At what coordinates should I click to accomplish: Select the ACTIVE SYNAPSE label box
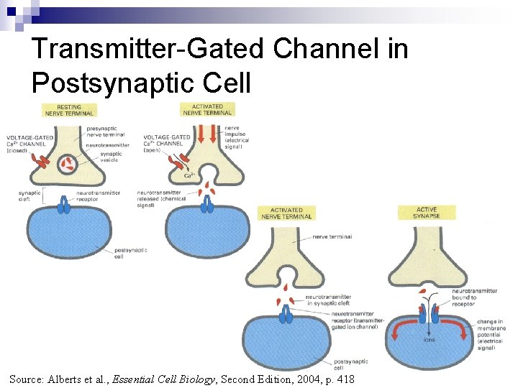[426, 213]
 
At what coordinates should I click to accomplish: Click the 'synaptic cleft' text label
[29, 196]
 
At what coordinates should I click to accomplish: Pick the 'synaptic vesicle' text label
[111, 156]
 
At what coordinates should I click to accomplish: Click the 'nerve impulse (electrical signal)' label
[237, 137]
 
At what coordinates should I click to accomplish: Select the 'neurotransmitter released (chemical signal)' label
[160, 199]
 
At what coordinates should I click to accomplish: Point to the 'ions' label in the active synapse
[430, 340]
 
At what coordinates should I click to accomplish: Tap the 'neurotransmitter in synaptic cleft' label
[332, 300]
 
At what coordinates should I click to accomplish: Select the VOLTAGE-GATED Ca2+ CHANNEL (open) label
[166, 144]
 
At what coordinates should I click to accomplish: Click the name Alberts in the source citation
[68, 379]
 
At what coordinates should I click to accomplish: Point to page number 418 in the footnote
[344, 379]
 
